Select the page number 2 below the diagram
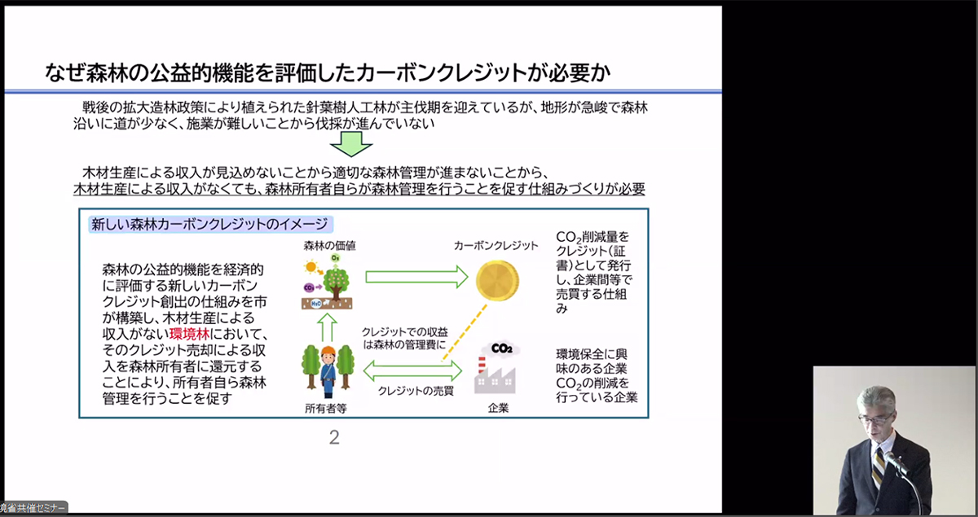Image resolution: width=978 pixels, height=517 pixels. [x=334, y=437]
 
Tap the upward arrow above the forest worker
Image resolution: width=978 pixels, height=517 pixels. [x=326, y=326]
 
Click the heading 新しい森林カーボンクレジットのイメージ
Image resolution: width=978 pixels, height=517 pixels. [x=209, y=223]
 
